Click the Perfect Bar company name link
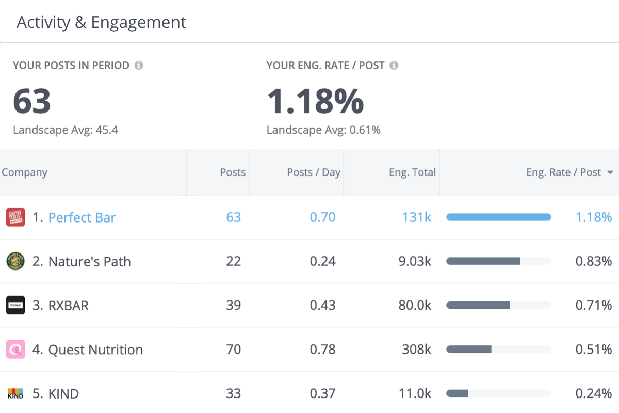82,217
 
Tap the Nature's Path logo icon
15,261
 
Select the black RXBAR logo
15,305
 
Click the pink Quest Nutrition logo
15,350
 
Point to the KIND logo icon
15,394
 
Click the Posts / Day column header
314,172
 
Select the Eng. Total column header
412,172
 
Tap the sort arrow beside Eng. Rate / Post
610,172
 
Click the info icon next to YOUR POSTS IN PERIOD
139,66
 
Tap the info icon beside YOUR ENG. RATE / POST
394,66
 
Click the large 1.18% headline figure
315,101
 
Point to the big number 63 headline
32,101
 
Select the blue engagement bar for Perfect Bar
498,217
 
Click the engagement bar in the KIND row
457,393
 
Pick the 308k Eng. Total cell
416,350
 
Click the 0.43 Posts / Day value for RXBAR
322,305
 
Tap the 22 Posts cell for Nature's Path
233,261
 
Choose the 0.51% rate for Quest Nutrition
594,350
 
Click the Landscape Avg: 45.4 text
66,130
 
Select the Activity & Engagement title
102,22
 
